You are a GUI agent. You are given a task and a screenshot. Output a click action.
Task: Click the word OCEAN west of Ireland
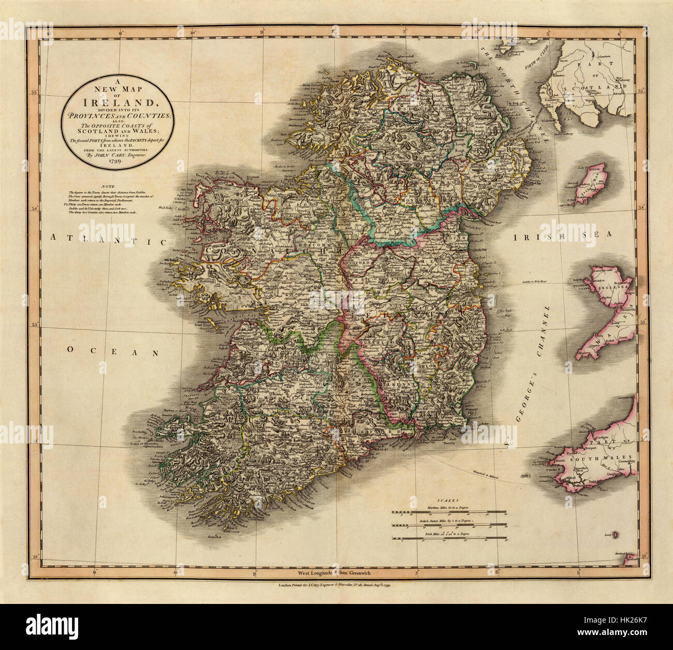click(111, 351)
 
